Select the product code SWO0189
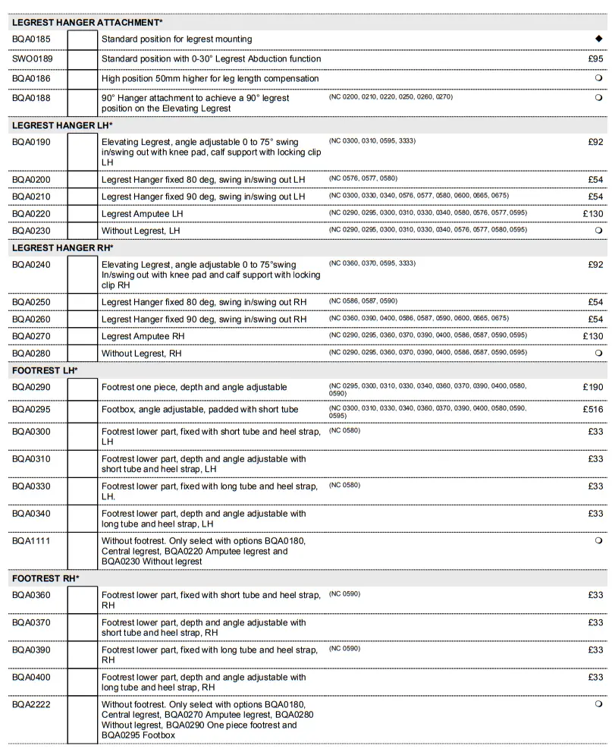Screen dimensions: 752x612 33,58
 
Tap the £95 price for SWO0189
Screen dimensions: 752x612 595,58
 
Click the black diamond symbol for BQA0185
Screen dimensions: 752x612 598,39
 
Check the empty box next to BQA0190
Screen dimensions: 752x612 83,152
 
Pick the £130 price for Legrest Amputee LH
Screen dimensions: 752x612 593,214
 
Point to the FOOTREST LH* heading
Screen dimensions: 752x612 45,370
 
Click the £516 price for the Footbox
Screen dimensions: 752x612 593,410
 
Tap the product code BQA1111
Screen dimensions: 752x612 32,541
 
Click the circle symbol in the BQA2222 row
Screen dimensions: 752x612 598,704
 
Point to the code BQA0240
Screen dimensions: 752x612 33,264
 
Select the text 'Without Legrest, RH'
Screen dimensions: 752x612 142,354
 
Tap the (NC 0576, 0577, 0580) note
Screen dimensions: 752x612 363,178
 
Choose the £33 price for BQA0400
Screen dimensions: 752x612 595,678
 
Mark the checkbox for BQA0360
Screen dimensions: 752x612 83,600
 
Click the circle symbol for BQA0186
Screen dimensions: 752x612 598,78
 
